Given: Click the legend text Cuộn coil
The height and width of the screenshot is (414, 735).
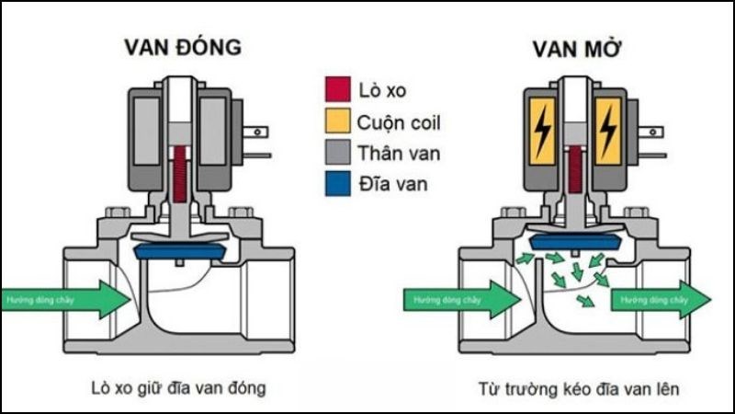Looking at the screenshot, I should click(x=400, y=122).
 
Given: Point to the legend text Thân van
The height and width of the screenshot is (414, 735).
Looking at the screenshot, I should click(x=400, y=154).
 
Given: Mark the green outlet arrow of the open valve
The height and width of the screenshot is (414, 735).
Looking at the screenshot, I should click(x=659, y=300).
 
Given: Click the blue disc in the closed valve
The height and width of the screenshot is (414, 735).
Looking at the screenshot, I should click(x=180, y=249).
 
